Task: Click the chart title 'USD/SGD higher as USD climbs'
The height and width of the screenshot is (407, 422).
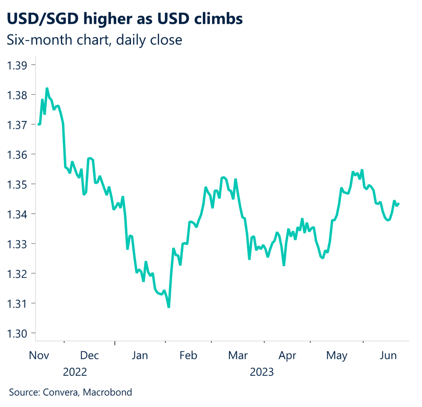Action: pos(125,19)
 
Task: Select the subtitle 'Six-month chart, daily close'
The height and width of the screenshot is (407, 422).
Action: pos(94,40)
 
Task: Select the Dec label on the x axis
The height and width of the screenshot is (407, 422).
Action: pos(89,355)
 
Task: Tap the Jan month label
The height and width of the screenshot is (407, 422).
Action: pos(140,355)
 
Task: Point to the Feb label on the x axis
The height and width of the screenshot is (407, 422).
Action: pos(188,355)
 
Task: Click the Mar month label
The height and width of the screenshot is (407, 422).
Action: pos(238,355)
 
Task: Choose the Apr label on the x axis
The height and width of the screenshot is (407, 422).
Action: pos(287,355)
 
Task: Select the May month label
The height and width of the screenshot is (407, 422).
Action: pos(337,355)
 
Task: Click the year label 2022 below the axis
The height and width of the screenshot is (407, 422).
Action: pos(75,372)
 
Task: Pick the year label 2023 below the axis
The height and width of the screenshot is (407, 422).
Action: pos(262,372)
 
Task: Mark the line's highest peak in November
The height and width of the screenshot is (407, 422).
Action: pos(47,88)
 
